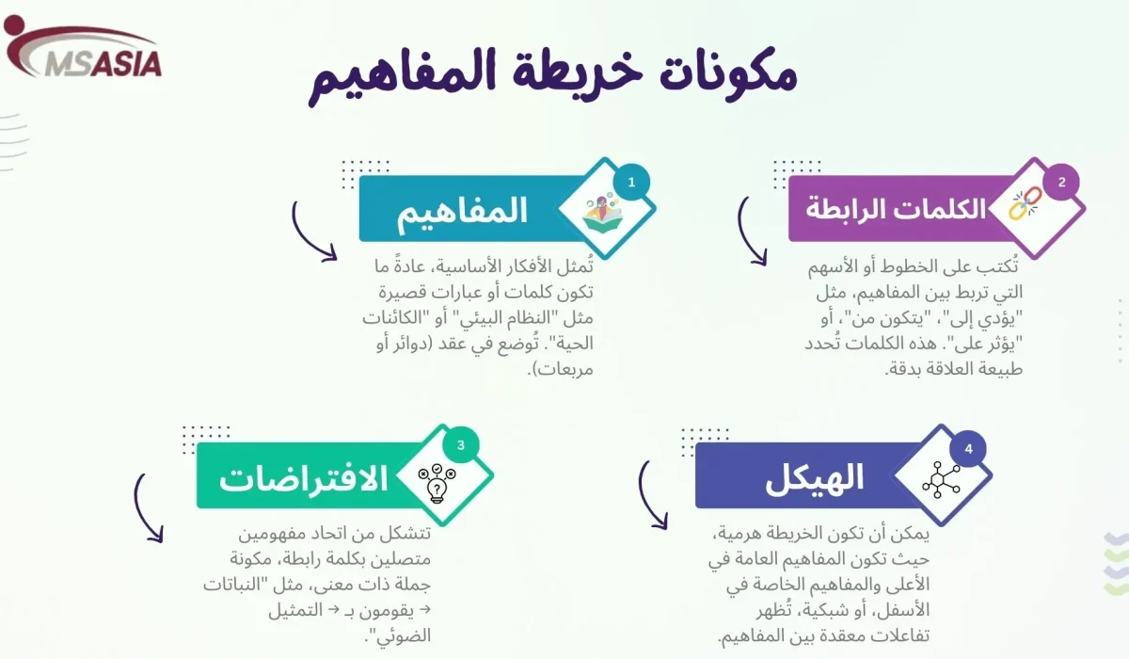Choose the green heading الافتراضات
(x=304, y=477)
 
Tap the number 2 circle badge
(x=1061, y=183)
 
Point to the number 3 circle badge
(x=460, y=446)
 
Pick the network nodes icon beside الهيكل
(x=942, y=480)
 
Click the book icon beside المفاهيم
(x=603, y=212)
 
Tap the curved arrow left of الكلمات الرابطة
(x=750, y=231)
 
